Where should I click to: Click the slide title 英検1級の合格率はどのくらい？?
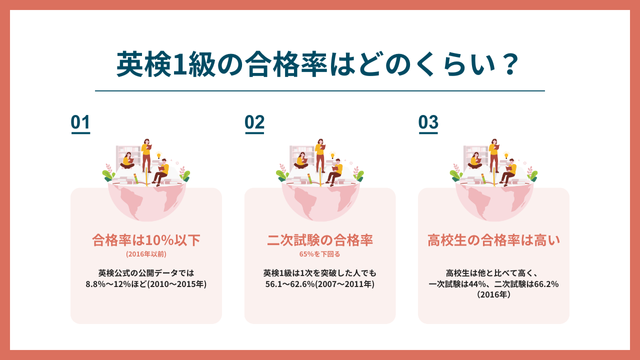coord(319,65)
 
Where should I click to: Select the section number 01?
coord(81,122)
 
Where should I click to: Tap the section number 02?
coord(254,122)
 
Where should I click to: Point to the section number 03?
coord(428,122)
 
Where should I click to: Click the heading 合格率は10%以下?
coord(146,240)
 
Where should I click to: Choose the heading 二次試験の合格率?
coord(319,240)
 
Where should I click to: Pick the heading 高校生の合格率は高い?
coord(493,240)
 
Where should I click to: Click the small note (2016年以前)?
coord(146,255)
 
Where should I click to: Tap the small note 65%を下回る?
coord(319,255)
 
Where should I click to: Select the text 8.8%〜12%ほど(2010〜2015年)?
coord(146,285)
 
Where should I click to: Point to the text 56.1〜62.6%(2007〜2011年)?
coord(319,285)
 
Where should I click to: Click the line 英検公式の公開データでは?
coord(146,273)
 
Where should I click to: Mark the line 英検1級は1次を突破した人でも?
coord(319,273)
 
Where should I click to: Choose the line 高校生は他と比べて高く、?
coord(493,273)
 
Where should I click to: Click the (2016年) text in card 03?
coord(493,296)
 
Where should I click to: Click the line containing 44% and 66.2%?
coord(493,285)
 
